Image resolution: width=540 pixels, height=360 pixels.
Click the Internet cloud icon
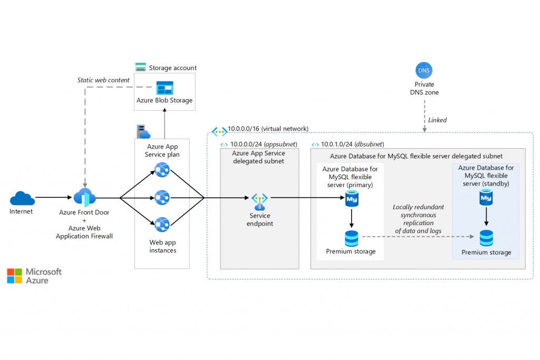coord(22,199)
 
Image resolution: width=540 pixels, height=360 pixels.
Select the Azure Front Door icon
coord(84,198)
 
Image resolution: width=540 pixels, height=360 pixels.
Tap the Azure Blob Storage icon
coord(164,87)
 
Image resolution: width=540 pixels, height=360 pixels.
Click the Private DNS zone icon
coord(424,70)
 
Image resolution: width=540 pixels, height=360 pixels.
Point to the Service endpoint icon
coord(259,200)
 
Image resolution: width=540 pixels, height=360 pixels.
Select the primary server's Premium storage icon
coord(351,238)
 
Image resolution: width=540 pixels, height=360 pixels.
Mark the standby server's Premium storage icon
coord(486,238)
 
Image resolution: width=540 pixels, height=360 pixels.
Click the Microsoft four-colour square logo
coord(15,276)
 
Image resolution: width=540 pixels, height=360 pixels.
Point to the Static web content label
coord(103,80)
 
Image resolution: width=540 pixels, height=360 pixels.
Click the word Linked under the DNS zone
coord(437,120)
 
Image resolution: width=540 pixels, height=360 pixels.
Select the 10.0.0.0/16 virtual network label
coord(268,129)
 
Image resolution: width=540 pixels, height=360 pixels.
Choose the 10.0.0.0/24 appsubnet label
coord(262,144)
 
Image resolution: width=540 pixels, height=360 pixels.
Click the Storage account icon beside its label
coord(141,67)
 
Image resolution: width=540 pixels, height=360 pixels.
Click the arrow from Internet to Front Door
coord(53,198)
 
